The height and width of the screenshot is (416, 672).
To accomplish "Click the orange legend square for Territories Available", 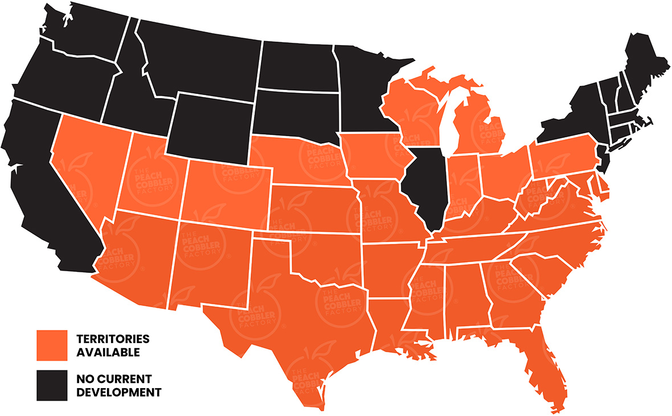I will pyautogui.click(x=52, y=345).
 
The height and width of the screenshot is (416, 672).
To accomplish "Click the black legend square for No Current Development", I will pyautogui.click(x=52, y=385).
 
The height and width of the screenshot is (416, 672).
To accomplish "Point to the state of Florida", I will pyautogui.click(x=541, y=365).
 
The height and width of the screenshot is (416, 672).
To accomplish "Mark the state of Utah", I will pyautogui.click(x=151, y=177).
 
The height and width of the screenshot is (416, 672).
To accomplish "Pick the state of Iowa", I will pyautogui.click(x=373, y=157).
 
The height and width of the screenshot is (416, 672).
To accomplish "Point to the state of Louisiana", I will pyautogui.click(x=387, y=325).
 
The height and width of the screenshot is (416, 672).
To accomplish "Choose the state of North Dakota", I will pyautogui.click(x=296, y=66).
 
